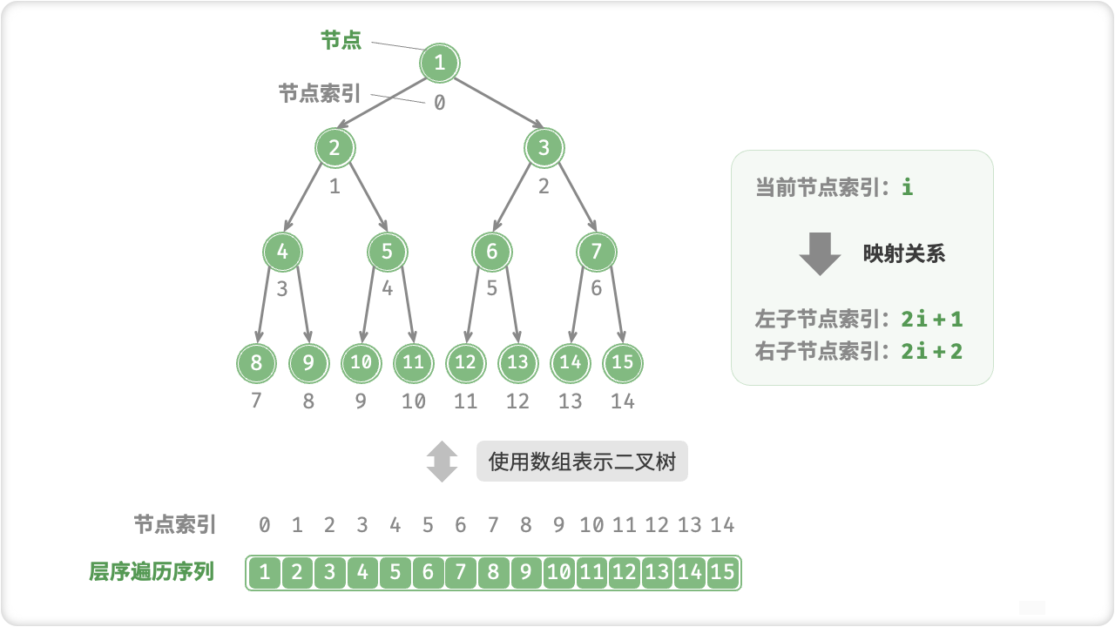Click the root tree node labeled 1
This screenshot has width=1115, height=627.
click(x=439, y=63)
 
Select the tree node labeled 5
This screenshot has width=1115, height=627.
click(x=387, y=253)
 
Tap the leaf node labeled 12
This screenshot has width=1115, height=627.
click(x=465, y=362)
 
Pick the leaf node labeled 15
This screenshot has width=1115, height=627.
click(x=622, y=362)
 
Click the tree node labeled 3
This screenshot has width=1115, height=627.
click(x=544, y=148)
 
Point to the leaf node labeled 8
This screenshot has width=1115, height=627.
click(x=256, y=362)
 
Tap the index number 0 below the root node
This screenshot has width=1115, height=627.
click(x=439, y=103)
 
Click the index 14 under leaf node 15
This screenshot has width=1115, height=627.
click(x=622, y=401)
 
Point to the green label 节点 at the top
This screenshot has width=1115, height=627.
click(x=341, y=41)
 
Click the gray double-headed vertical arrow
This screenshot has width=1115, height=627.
click(x=442, y=462)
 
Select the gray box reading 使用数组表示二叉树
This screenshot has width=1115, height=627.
click(x=582, y=462)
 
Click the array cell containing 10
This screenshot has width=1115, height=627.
click(x=559, y=572)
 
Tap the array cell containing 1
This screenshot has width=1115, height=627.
click(x=264, y=572)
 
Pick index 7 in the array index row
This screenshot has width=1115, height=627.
click(x=493, y=525)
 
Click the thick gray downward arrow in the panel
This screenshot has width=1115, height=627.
click(x=820, y=253)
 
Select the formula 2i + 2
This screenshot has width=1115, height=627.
click(x=932, y=351)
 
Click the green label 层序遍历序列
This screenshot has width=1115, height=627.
click(x=152, y=572)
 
